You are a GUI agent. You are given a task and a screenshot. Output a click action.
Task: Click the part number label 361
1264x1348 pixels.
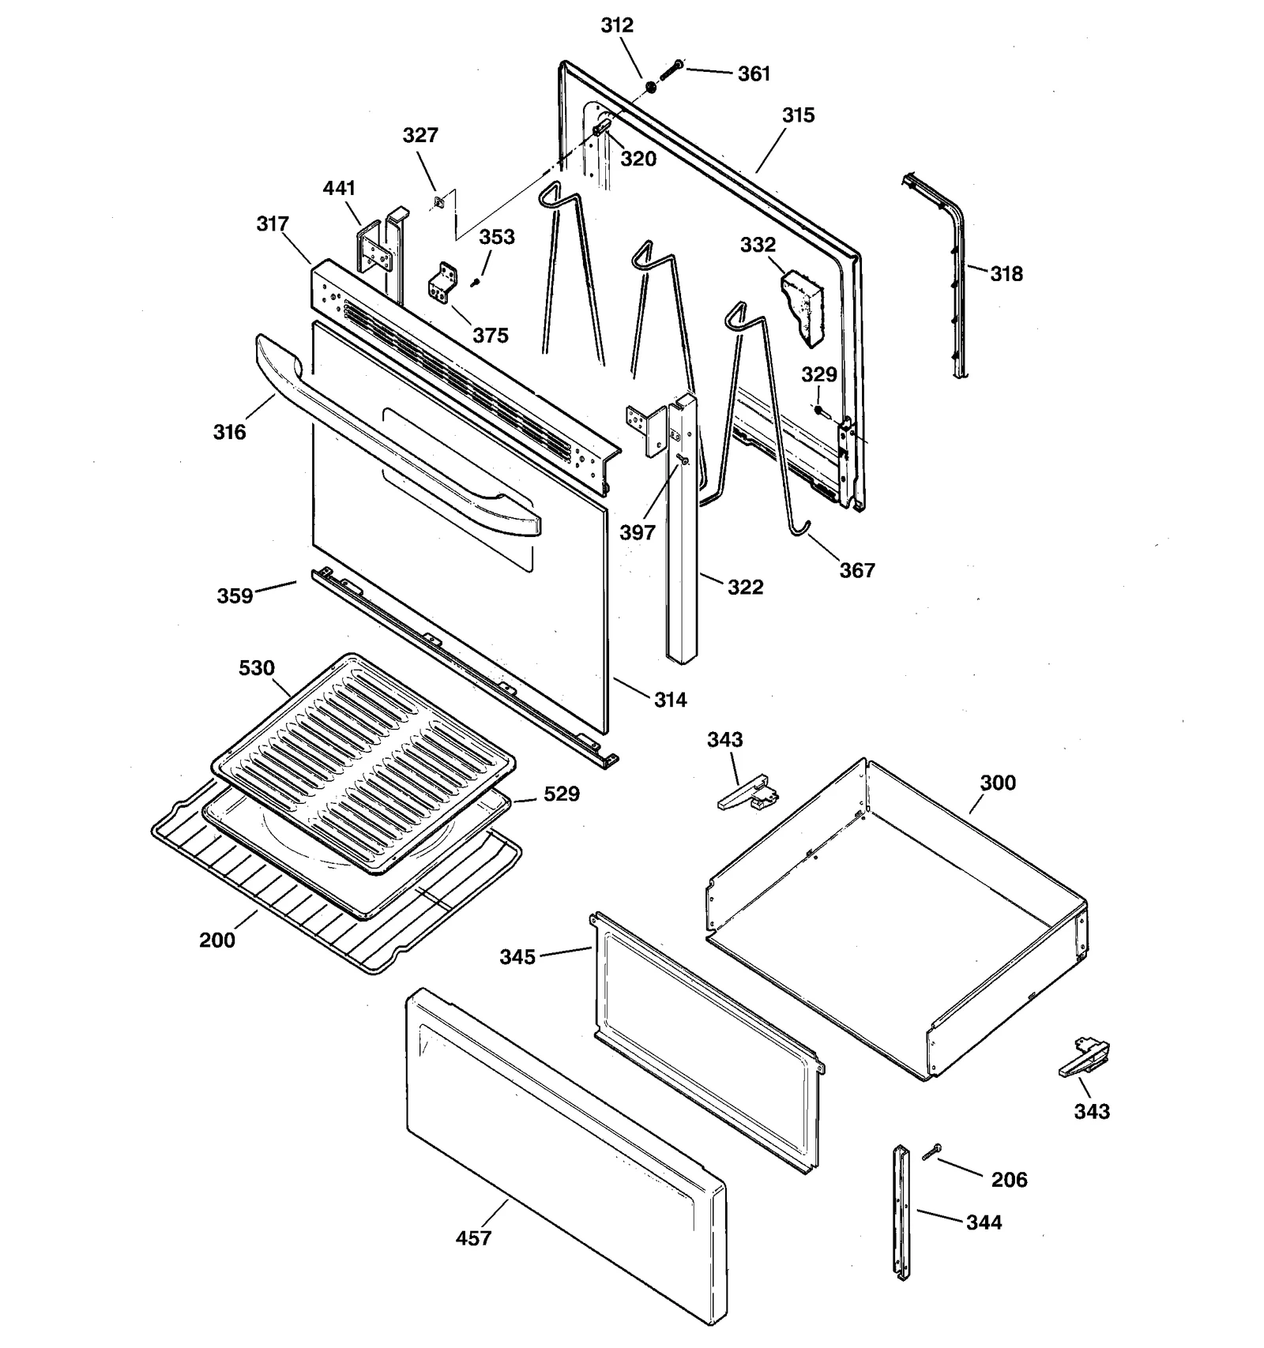point(754,73)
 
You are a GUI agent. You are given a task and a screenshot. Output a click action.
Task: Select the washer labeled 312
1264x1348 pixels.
point(651,85)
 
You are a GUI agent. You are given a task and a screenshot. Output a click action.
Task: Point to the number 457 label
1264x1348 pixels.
point(473,1238)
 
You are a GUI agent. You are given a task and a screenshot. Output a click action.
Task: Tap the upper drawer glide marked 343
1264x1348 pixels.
point(747,793)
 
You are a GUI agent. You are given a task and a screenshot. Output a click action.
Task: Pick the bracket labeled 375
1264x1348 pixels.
point(444,283)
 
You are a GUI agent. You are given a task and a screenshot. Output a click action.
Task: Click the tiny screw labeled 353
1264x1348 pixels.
point(476,281)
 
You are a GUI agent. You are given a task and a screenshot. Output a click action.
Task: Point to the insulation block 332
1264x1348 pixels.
point(802,306)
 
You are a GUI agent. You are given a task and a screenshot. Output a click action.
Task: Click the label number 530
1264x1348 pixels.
point(257,668)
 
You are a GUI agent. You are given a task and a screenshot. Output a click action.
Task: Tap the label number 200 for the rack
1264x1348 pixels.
point(217,940)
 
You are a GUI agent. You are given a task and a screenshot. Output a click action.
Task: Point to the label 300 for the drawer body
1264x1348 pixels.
point(998,783)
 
